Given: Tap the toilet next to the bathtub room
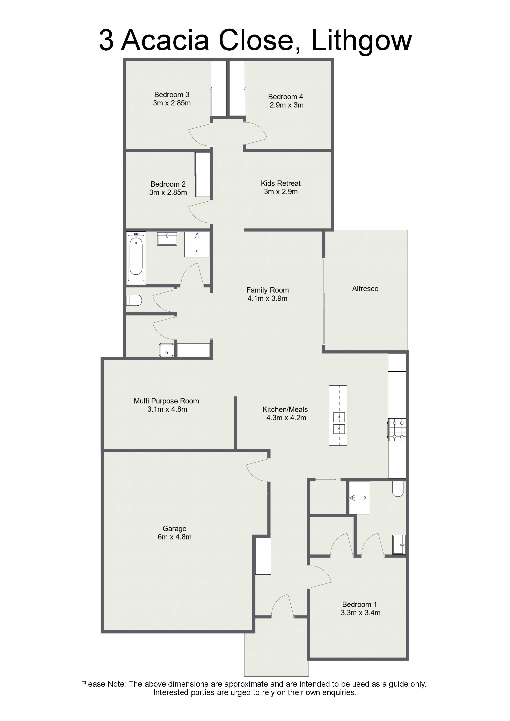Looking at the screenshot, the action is (134, 300).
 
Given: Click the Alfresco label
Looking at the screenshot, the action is (365, 289).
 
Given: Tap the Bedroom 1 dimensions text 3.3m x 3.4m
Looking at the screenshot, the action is (360, 613).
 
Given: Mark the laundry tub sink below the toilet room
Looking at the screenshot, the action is (167, 350).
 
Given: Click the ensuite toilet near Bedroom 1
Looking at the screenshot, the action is (398, 489).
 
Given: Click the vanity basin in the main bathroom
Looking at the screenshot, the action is (167, 238).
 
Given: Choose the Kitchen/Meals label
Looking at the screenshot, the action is (285, 409).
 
